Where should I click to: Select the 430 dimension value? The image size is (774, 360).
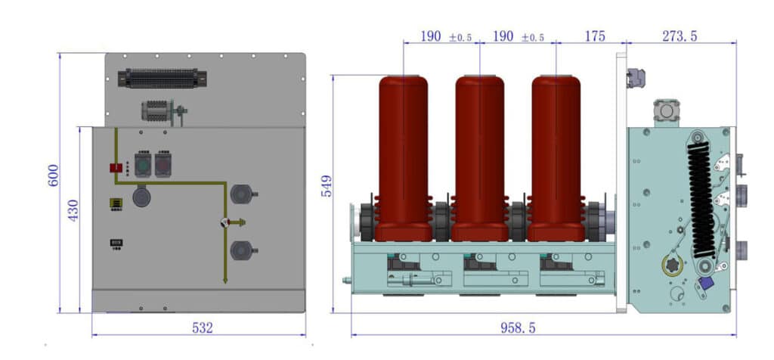pos(73,210)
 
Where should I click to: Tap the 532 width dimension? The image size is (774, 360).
pos(202,327)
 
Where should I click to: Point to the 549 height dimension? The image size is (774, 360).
pos(327,186)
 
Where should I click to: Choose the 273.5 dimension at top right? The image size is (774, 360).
pos(679,36)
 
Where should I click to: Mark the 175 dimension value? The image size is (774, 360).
pos(595,36)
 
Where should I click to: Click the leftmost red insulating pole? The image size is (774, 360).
pos(403,155)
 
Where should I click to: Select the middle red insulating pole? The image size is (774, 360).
pos(479,155)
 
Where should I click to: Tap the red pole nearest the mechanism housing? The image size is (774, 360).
pos(556,155)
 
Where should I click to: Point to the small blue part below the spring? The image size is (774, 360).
pos(706,283)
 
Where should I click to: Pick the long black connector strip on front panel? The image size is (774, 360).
pos(162,78)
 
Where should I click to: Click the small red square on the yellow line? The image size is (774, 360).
pos(116,167)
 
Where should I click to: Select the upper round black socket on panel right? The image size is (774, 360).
pos(241,194)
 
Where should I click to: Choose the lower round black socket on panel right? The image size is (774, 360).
pos(241,249)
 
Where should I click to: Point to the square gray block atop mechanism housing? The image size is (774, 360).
pos(666,110)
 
